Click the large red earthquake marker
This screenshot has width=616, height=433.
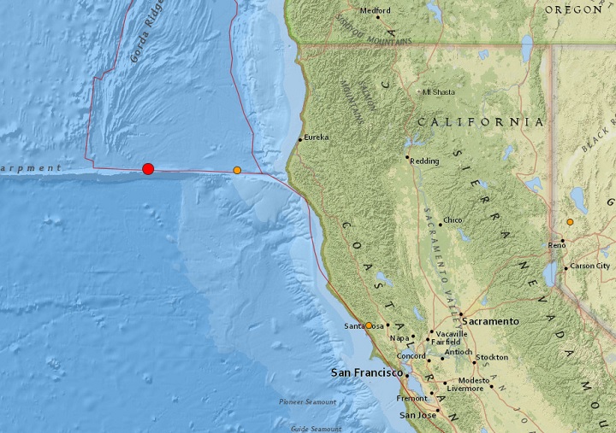148,169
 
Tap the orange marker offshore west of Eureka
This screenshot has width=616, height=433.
237,170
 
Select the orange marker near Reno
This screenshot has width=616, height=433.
570,222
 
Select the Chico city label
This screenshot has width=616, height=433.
453,220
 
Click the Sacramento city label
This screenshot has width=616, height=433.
491,321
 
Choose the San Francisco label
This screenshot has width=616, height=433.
366,373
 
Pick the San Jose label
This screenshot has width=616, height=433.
419,415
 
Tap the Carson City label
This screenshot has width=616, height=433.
590,266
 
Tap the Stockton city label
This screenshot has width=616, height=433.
492,357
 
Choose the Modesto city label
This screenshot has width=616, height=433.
473,380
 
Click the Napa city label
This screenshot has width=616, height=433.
400,338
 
